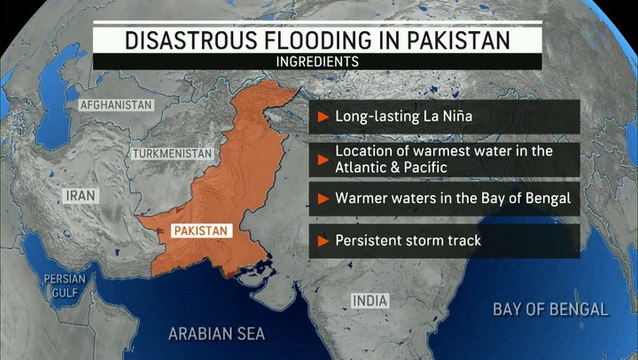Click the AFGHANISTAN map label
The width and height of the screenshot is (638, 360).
(116, 104)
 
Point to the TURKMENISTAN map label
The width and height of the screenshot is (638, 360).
(173, 153)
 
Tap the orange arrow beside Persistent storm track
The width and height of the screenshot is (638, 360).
(323, 240)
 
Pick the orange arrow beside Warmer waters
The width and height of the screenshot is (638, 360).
(323, 198)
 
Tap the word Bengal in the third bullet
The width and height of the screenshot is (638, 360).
(545, 198)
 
